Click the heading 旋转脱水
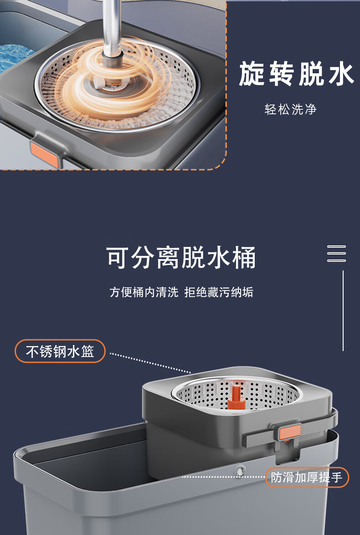(296, 73)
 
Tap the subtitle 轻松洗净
(291, 110)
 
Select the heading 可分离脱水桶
(180, 257)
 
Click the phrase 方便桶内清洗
(144, 292)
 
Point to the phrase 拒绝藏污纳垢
(219, 292)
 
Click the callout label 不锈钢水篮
(60, 351)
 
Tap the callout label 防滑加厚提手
(307, 477)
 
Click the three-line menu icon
(336, 254)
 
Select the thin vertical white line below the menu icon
(343, 311)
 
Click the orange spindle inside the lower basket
(236, 397)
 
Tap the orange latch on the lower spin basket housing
(290, 433)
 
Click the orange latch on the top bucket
(44, 154)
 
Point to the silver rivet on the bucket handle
(240, 472)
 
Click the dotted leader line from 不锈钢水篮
(150, 363)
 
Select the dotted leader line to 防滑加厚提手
(224, 477)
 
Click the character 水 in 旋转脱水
(340, 73)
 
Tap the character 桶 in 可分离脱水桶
(244, 257)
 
